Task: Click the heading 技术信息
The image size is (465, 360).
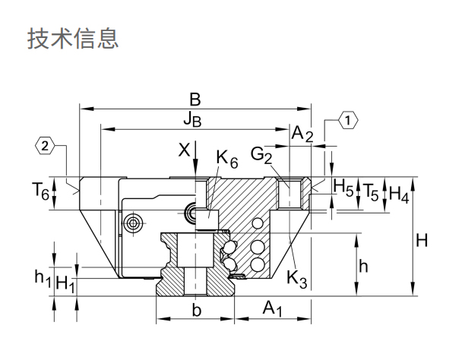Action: (73, 39)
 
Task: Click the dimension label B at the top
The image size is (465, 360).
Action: (195, 99)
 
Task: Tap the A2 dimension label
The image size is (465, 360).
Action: (302, 134)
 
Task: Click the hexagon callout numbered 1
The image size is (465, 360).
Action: (347, 120)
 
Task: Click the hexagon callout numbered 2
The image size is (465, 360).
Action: (46, 145)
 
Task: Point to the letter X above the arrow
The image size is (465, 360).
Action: (183, 150)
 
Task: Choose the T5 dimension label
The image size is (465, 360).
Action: (371, 191)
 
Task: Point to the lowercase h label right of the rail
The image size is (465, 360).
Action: (365, 266)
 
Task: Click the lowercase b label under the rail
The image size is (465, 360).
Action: (196, 310)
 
